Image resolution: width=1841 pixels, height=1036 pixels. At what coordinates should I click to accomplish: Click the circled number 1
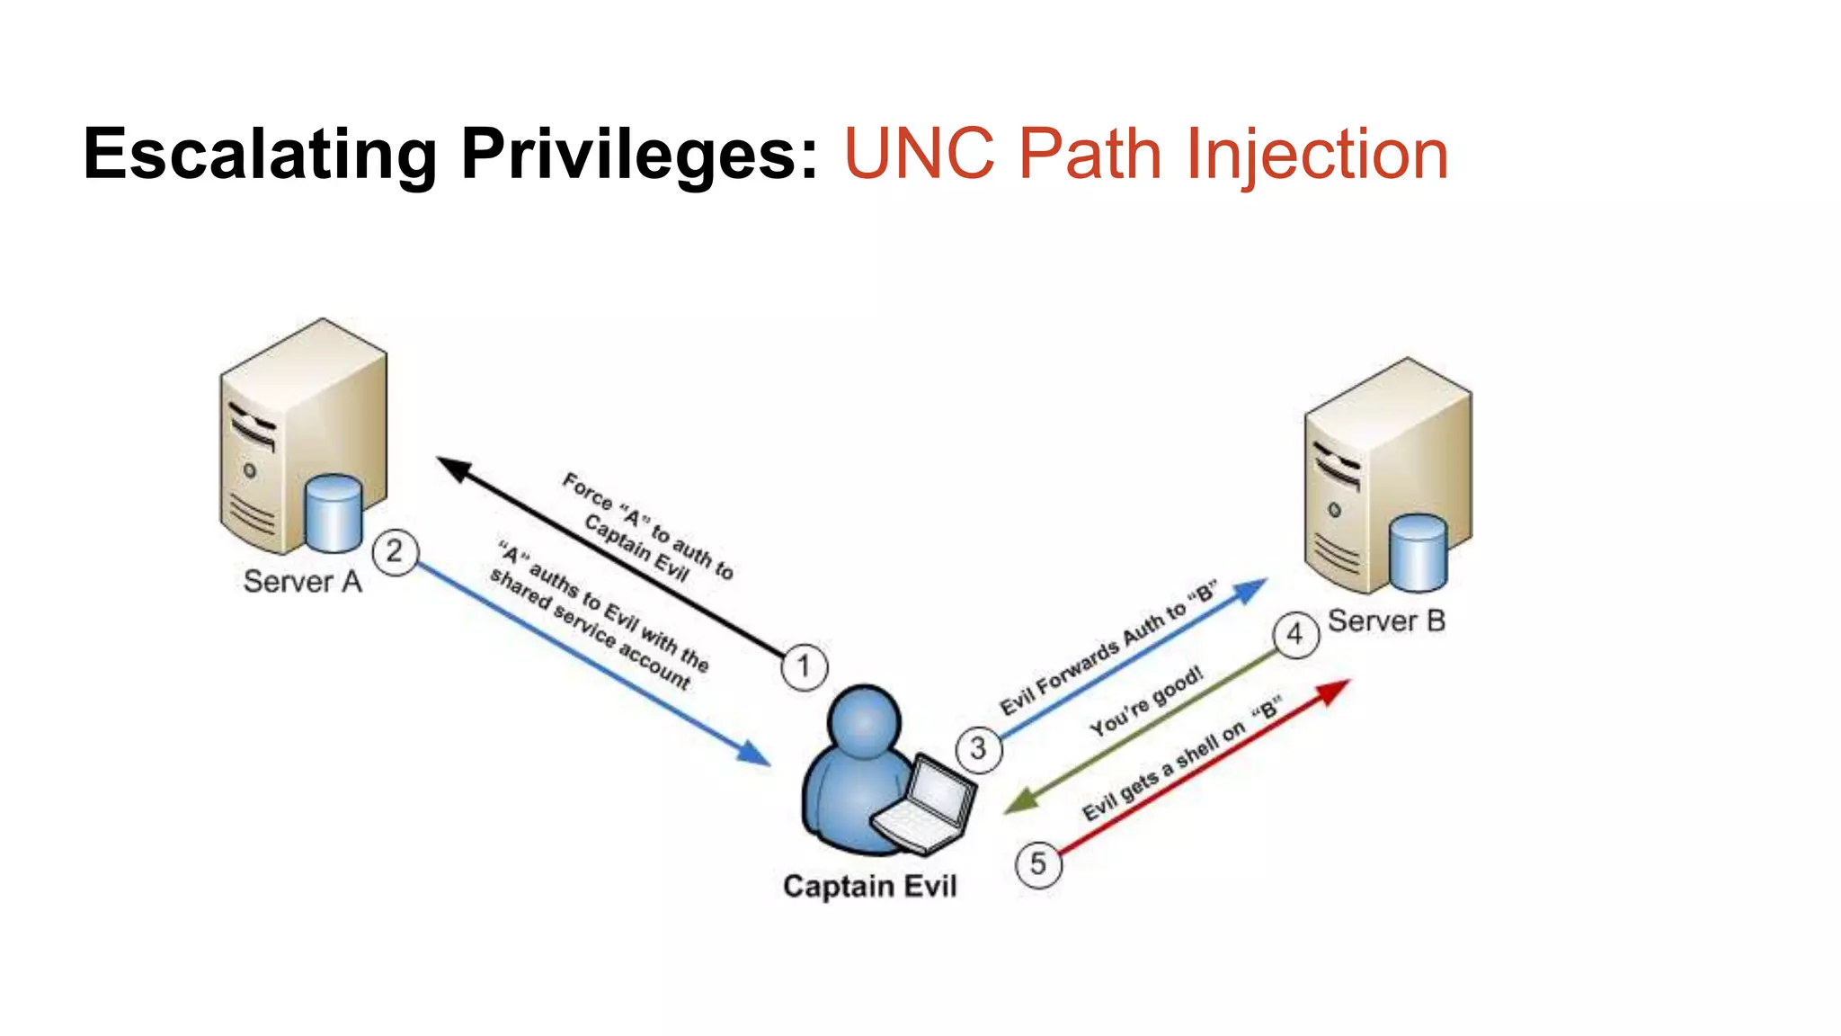(x=804, y=667)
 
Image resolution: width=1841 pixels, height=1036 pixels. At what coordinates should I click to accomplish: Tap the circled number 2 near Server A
(x=395, y=551)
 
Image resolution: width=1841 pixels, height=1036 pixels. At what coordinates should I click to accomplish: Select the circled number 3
(x=978, y=748)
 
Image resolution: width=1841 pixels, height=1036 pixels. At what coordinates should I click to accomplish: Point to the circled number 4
(x=1295, y=635)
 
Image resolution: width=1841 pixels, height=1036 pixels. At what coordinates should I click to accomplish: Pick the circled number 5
(x=1038, y=864)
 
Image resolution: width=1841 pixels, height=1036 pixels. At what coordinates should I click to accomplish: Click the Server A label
(x=303, y=582)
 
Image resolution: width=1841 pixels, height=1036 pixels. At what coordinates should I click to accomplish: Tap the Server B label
(x=1386, y=621)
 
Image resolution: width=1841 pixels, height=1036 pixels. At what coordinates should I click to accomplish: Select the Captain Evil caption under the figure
(x=869, y=887)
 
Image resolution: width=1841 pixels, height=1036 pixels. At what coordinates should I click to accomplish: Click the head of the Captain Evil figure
(x=864, y=721)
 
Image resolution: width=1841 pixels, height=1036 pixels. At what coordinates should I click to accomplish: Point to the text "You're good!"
(x=1146, y=702)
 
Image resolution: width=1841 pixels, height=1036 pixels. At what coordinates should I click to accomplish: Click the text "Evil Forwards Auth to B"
(x=1108, y=648)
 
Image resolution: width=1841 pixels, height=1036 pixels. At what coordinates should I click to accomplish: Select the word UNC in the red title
(x=920, y=155)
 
